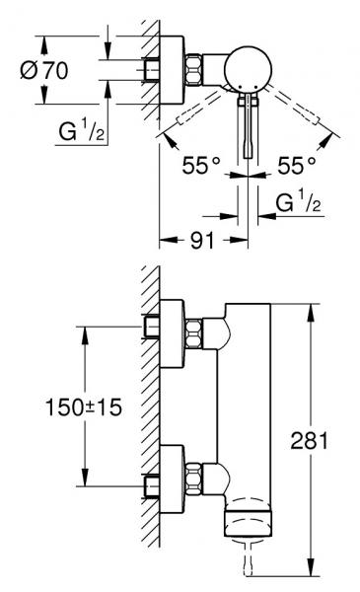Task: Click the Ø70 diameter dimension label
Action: coord(44,70)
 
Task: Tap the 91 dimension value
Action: coord(202,240)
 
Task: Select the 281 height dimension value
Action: coord(309,440)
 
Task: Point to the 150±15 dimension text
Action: coord(84,407)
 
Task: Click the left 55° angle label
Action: coord(201,166)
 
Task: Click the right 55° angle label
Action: coord(297,166)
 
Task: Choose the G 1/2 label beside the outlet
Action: coord(298,201)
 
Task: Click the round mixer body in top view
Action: coord(248,69)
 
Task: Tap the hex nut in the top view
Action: coord(193,70)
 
